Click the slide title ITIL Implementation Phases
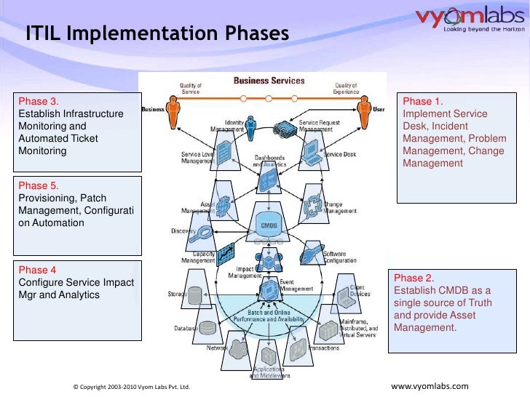pos(157,34)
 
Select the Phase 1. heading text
pos(422,102)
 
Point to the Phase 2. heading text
pos(414,278)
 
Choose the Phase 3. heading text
pos(39,102)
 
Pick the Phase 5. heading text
pos(39,185)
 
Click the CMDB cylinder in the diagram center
pos(269,222)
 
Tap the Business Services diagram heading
pos(269,80)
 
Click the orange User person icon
pos(360,112)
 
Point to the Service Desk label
pos(339,154)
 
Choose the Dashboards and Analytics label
pos(269,161)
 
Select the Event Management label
pos(296,285)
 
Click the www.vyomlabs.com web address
pos(430,385)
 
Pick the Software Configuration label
pos(339,257)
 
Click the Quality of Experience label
pos(346,89)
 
